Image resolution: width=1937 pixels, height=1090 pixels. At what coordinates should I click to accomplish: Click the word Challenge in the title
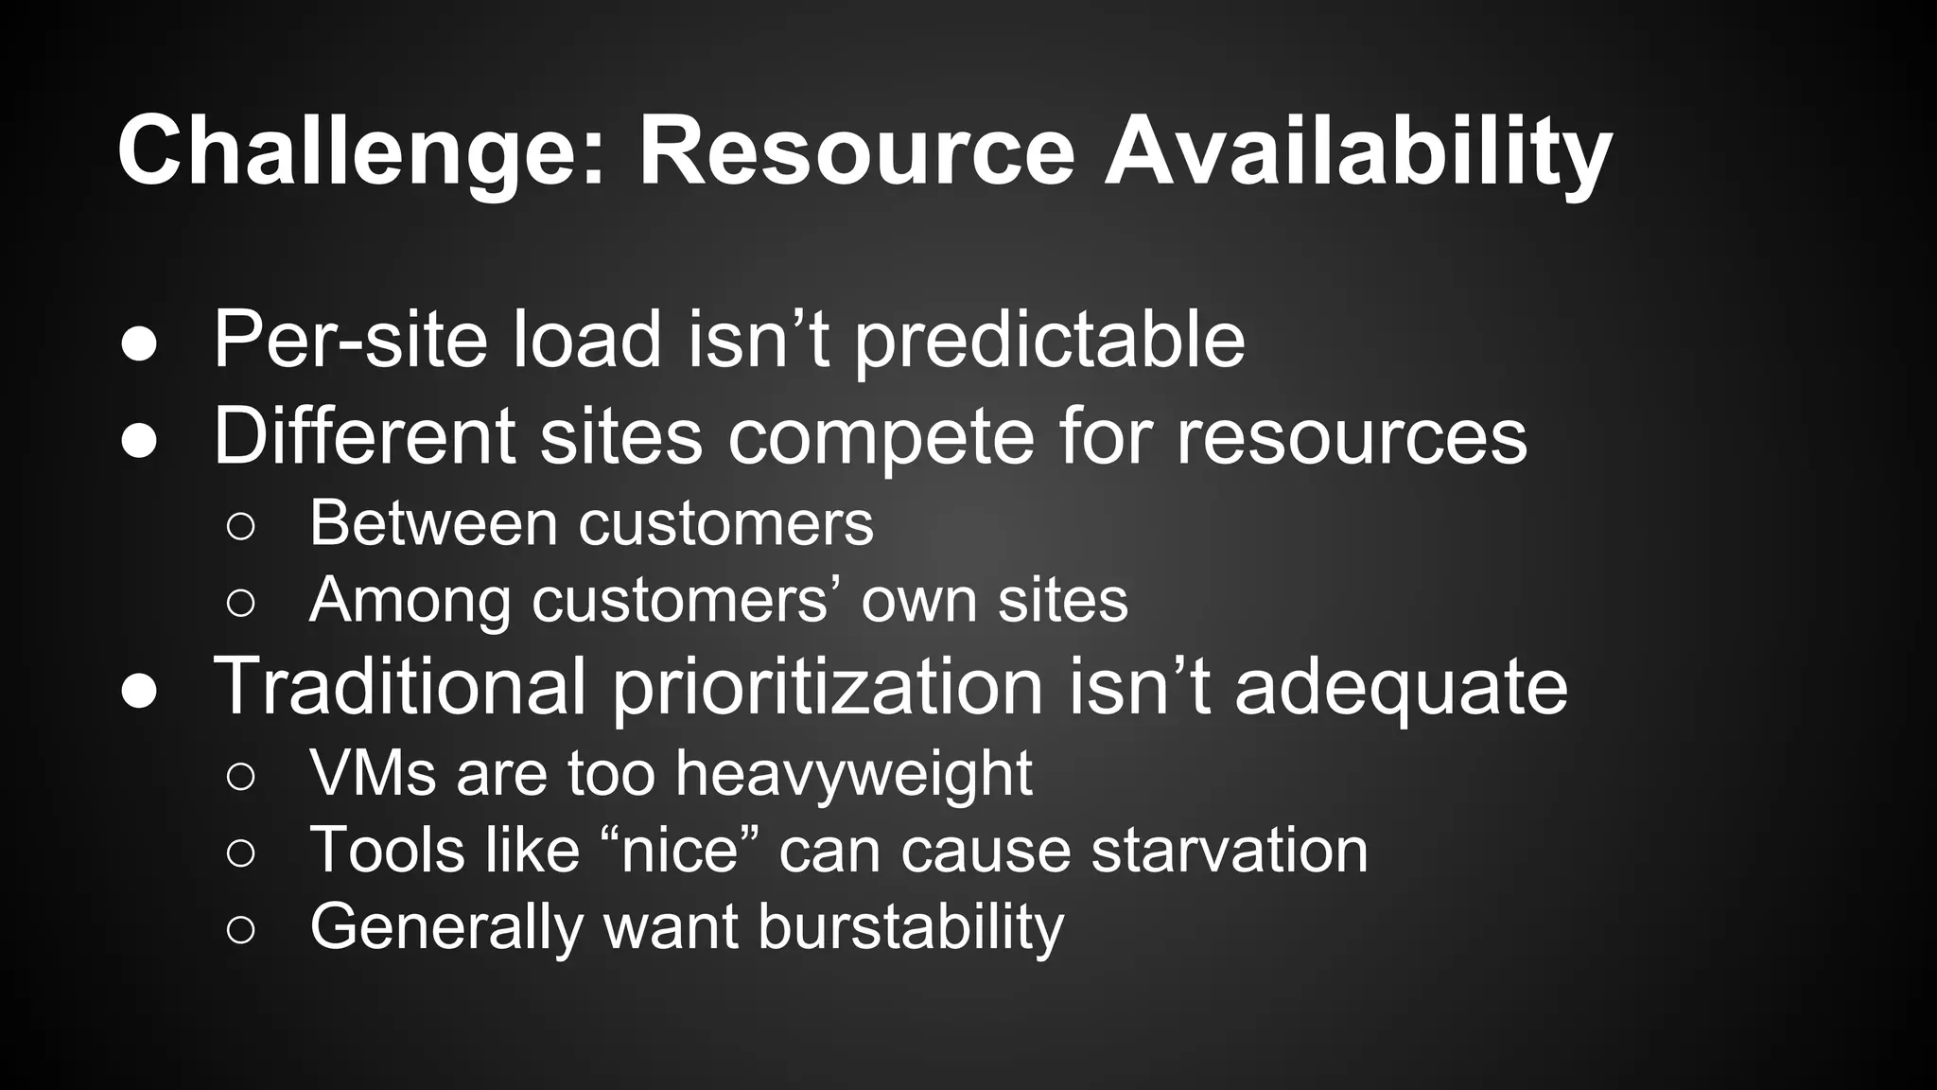359,151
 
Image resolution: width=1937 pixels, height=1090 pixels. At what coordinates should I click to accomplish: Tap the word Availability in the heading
1357,151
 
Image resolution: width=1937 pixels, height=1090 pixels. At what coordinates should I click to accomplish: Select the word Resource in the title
857,151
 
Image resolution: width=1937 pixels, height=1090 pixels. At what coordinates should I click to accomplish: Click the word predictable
1050,340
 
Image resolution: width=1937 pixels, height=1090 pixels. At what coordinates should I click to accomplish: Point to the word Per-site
350,340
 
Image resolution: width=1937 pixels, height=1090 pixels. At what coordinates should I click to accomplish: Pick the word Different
364,436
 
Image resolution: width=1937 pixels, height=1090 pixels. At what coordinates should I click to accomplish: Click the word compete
880,436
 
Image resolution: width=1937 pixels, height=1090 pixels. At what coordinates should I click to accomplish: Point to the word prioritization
828,685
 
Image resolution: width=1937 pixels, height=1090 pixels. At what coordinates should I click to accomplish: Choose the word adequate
1401,685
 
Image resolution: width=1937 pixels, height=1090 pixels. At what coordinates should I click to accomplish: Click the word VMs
373,773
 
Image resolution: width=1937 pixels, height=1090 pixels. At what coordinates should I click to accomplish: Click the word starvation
1229,850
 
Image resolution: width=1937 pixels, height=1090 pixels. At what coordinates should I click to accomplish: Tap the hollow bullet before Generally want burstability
240,930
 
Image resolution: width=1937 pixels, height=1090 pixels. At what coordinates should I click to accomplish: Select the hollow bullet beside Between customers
240,526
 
